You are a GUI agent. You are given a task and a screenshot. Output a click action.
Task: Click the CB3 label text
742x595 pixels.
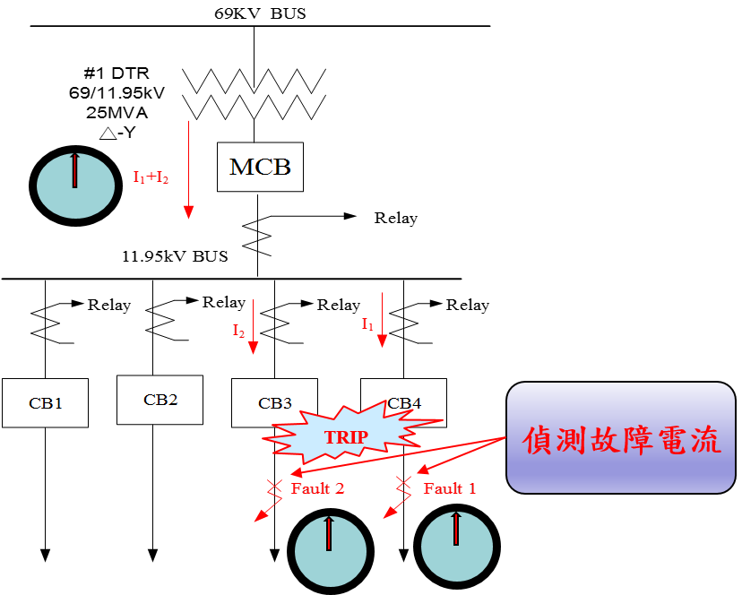[x=275, y=403]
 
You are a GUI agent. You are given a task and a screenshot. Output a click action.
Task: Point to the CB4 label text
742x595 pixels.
[x=404, y=403]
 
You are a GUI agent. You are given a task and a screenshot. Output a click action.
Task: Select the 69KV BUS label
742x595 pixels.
[x=260, y=13]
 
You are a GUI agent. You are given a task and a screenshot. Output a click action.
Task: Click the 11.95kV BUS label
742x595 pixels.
[x=175, y=256]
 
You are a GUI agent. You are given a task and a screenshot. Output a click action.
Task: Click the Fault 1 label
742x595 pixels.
[x=450, y=488]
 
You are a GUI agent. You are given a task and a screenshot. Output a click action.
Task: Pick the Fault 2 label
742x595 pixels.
[x=317, y=488]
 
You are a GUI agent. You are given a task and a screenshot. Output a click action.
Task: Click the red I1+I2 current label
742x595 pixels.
[x=151, y=177]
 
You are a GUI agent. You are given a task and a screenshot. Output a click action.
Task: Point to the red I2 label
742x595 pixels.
[x=239, y=331]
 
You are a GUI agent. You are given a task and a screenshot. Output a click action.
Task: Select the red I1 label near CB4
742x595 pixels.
[x=367, y=323]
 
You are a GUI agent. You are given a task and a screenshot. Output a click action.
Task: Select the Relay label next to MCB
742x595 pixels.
[x=396, y=219]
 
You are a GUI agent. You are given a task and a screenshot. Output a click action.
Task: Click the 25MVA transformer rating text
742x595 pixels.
[x=116, y=113]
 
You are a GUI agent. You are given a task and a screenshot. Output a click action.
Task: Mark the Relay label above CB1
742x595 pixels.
[x=109, y=306]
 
